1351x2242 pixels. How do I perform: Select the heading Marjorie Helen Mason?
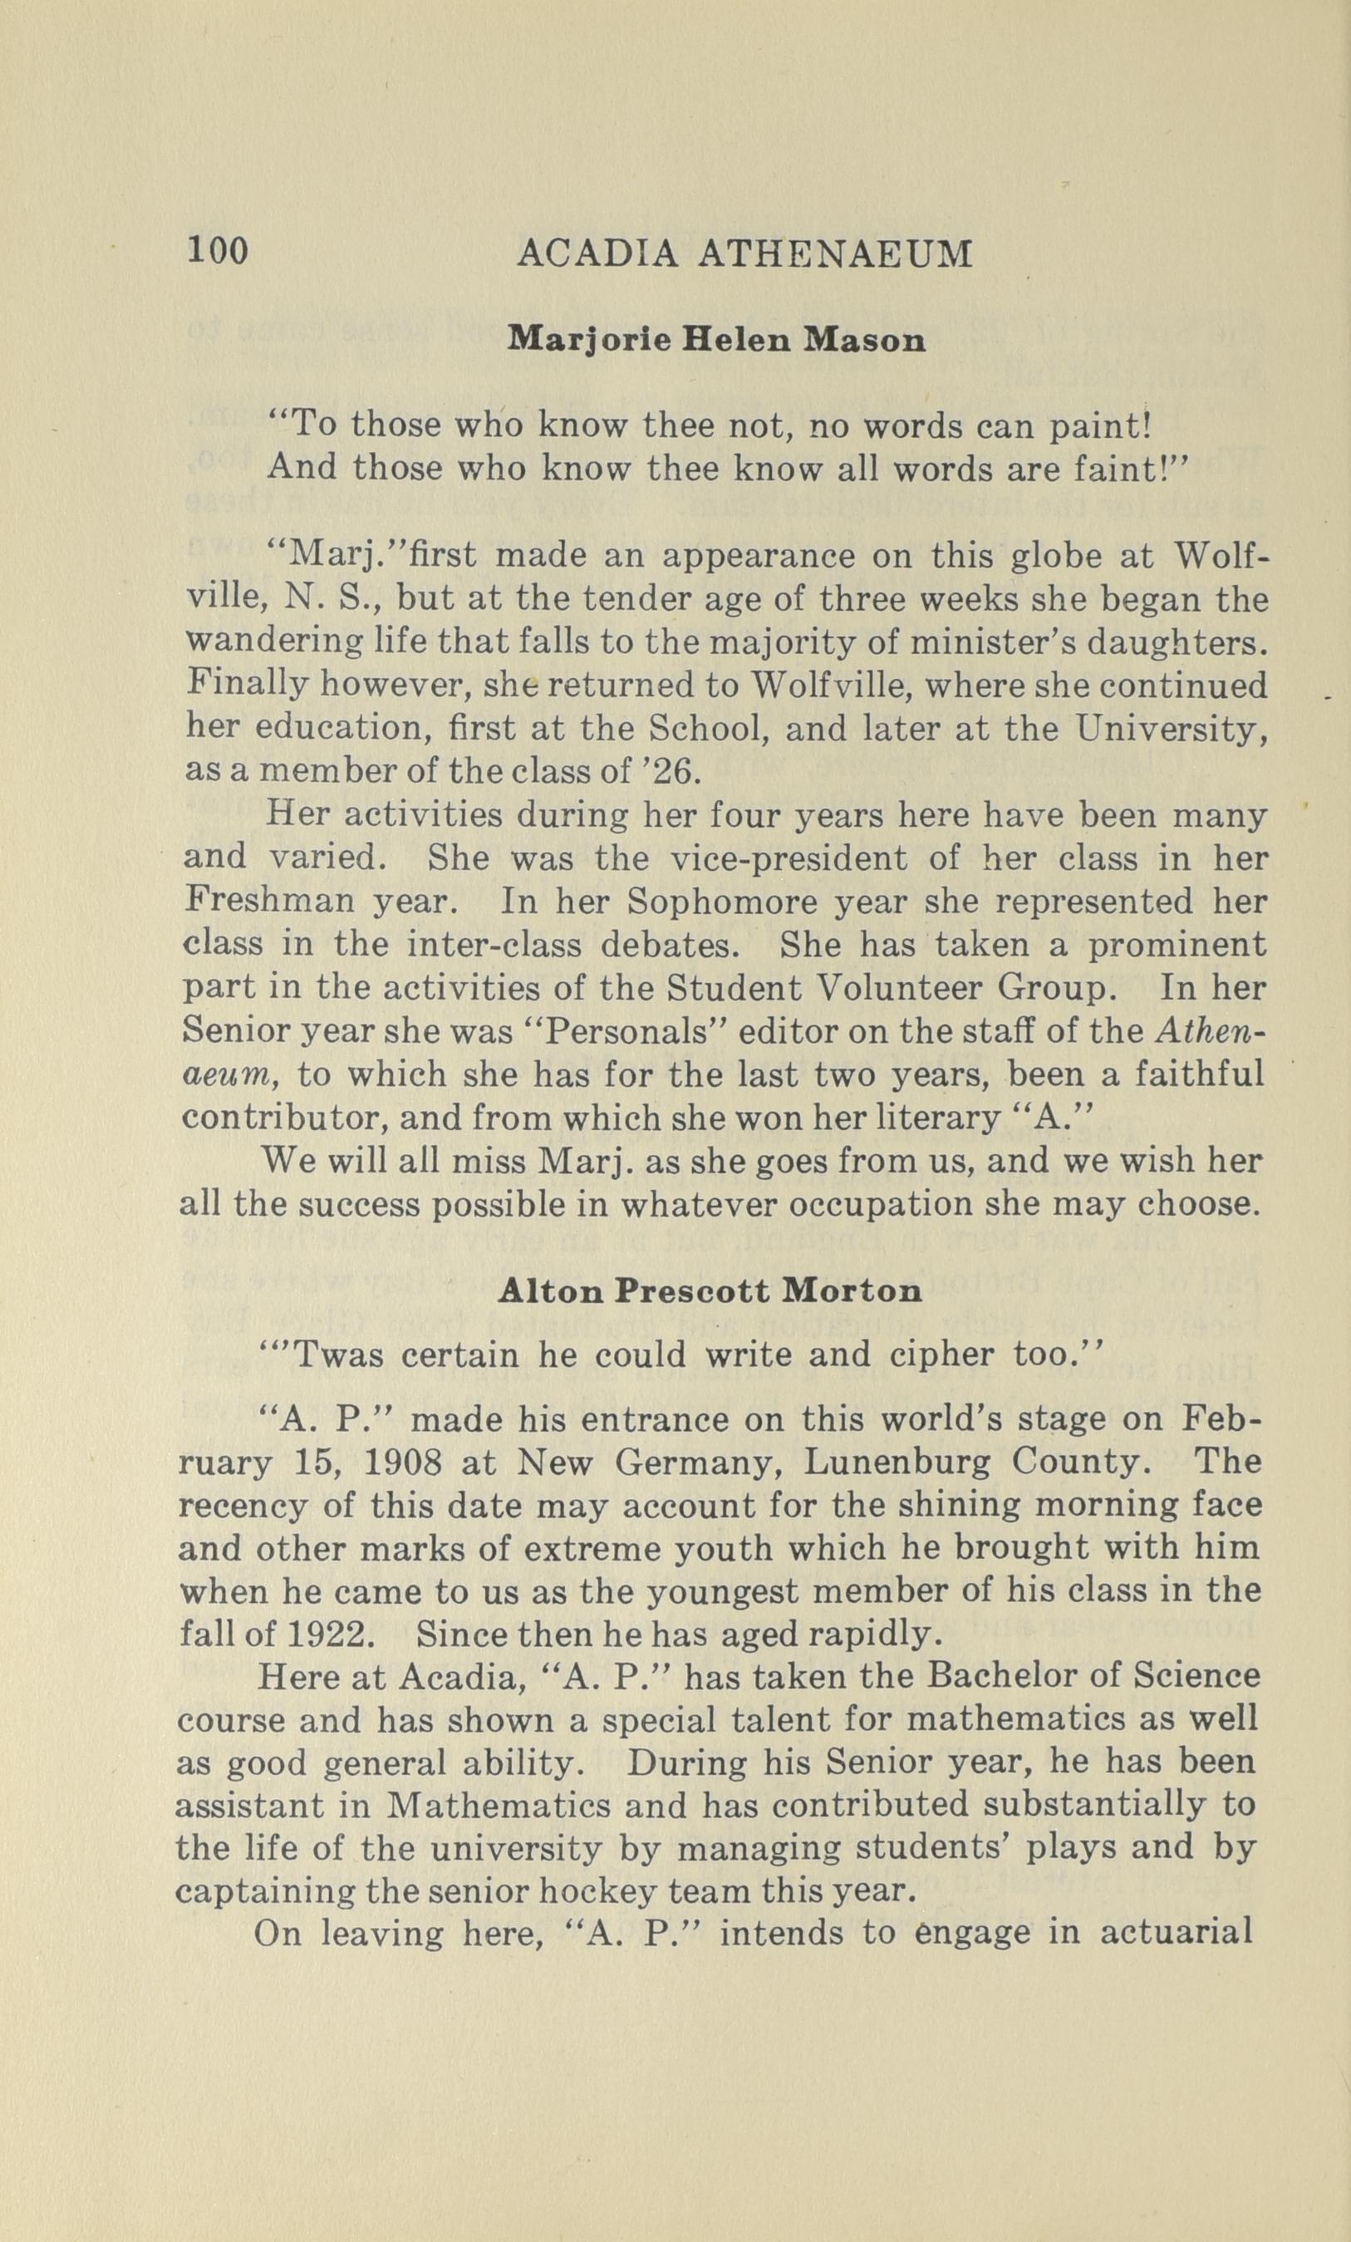pyautogui.click(x=717, y=341)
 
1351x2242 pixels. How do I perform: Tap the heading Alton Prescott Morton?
pyautogui.click(x=710, y=1291)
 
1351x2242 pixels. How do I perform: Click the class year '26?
pyautogui.click(x=667, y=772)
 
